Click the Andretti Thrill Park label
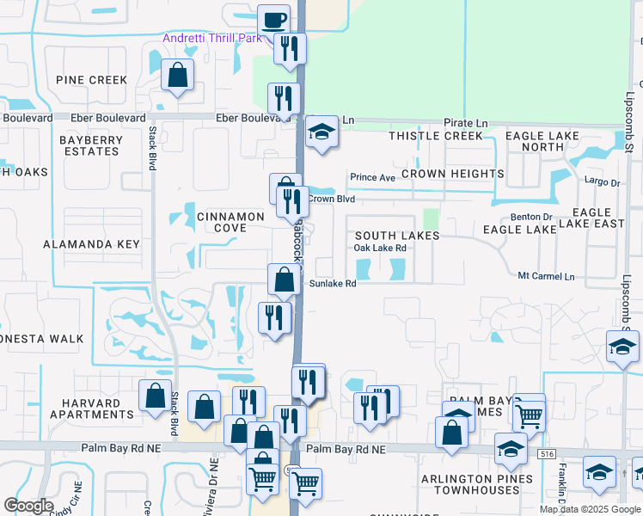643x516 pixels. pos(212,39)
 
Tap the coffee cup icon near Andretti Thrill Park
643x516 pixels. pos(274,20)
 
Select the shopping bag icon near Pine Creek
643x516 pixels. pos(177,75)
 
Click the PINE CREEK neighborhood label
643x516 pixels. pos(91,80)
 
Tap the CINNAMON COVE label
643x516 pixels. pos(222,222)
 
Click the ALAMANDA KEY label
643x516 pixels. pos(91,244)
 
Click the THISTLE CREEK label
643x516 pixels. pos(436,136)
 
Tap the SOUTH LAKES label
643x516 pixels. pos(397,235)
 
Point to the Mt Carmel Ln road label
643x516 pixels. pos(546,276)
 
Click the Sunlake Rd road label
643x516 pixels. pos(333,283)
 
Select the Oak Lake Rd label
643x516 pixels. pos(380,249)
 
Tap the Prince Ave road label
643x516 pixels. pos(371,178)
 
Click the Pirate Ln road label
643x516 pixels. pos(465,124)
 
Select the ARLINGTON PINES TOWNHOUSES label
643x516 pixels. pos(470,484)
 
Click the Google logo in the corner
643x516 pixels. pos(28,506)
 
